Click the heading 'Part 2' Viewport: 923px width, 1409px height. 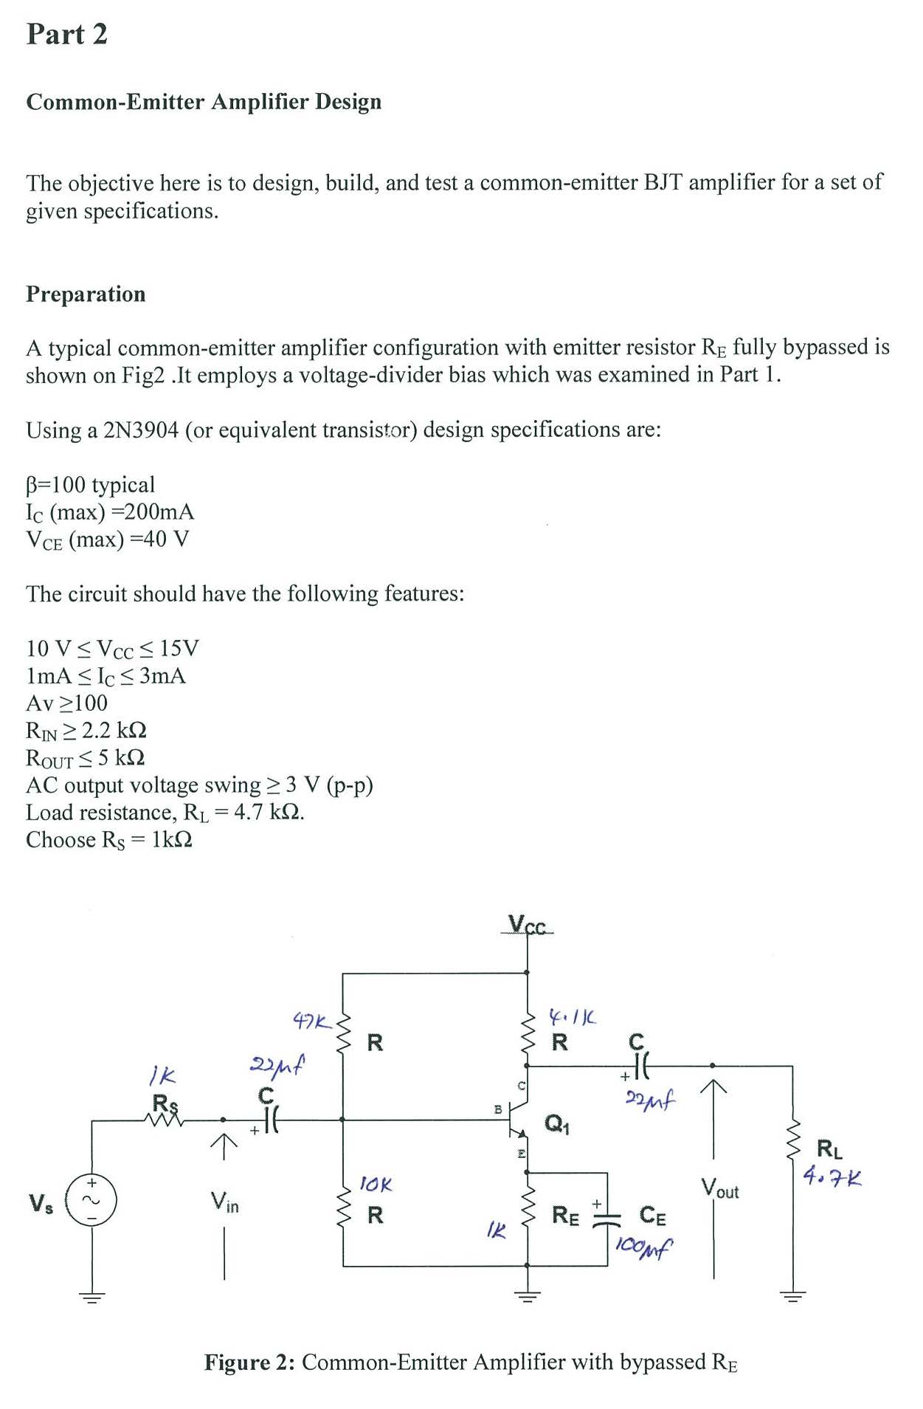(66, 34)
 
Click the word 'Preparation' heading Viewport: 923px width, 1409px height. (86, 294)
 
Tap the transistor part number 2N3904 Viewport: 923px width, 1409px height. (140, 430)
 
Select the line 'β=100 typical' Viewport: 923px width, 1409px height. (90, 484)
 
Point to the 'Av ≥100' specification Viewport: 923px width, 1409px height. (66, 703)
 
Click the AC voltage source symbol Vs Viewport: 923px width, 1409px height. (91, 1201)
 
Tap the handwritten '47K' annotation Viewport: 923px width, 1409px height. (311, 1021)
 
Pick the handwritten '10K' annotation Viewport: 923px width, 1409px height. (376, 1185)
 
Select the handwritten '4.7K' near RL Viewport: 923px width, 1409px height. (832, 1177)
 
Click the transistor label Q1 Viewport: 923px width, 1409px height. (556, 1123)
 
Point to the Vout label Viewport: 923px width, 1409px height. (719, 1188)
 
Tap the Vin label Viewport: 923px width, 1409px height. (224, 1202)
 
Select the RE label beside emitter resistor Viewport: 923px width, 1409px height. (565, 1215)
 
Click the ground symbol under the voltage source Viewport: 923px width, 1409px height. (91, 1298)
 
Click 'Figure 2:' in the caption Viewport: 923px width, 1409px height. (249, 1362)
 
